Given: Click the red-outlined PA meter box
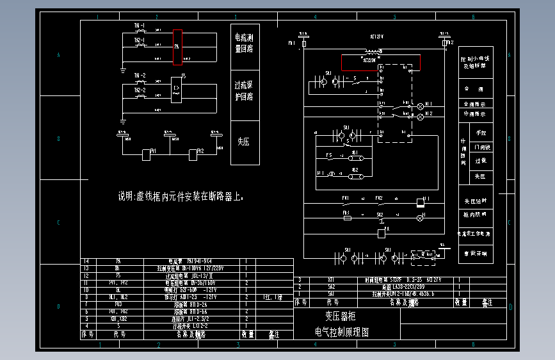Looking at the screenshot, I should coord(178,47).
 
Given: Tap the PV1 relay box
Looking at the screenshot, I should coord(146,154).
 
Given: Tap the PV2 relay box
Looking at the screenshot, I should coord(193,154).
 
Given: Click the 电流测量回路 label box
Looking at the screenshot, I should coord(245,42).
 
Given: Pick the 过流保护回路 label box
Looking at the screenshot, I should coord(245,92).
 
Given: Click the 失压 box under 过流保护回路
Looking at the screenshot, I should coord(245,142).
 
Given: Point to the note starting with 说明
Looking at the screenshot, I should coord(181,196).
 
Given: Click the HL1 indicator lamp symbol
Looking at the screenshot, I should coord(421,106).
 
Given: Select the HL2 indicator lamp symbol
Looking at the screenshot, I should coord(421,117).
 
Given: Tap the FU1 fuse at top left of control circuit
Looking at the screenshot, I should coord(304,44).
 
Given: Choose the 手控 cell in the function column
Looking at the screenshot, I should coord(481,133).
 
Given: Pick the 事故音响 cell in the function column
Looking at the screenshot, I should coord(476,253).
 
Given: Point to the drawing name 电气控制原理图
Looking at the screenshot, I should coord(342,332).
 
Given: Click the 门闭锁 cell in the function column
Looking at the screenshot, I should coord(481,147).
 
